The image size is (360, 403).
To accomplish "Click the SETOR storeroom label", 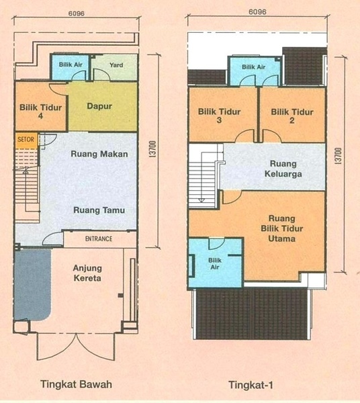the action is coord(26,140).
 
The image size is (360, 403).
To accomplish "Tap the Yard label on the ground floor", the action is coord(116,65).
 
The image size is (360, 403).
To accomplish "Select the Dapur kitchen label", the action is coord(99,106).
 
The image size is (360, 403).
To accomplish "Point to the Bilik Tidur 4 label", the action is coord(40,111).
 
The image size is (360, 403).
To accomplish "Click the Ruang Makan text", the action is coord(99,154).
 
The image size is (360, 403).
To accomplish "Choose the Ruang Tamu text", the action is coord(99,210).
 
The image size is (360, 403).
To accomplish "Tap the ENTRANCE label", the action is coord(99,238).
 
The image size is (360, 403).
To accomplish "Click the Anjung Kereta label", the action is coord(87,273).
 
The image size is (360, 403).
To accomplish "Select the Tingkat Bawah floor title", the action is coord(76,384).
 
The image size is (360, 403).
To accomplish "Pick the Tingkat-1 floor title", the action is coord(251,385).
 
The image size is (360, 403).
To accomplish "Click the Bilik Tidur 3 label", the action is coord(219,116).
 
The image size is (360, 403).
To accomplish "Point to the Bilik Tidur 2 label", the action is coord(292,116).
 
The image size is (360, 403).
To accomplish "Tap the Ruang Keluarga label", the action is coord(283,169).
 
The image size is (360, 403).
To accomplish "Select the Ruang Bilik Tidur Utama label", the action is coord(282,228).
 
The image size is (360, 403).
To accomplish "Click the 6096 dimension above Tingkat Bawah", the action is coord(77,13).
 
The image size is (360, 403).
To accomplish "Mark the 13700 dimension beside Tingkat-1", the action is coord(339,156).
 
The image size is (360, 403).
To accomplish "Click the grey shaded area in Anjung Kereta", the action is coord(32,285).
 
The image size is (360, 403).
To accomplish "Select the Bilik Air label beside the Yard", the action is coord(71,64).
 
